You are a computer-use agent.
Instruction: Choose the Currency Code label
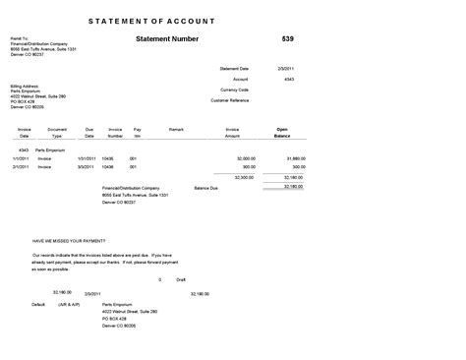235,90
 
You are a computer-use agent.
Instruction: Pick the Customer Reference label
229,100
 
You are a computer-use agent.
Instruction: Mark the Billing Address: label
25,85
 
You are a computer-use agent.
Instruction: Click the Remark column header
177,129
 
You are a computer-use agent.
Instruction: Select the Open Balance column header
282,132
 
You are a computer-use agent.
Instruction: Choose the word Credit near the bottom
181,279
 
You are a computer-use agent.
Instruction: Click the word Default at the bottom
38,305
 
